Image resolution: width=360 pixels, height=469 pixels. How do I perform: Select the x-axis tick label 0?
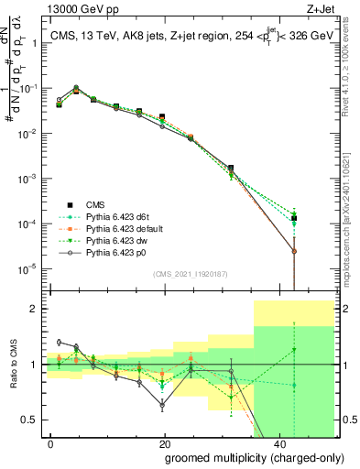coord(51,442)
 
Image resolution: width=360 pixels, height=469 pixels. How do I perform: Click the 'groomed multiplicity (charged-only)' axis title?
coord(248,456)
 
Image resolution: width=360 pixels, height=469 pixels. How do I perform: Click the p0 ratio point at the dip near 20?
coord(162,404)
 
